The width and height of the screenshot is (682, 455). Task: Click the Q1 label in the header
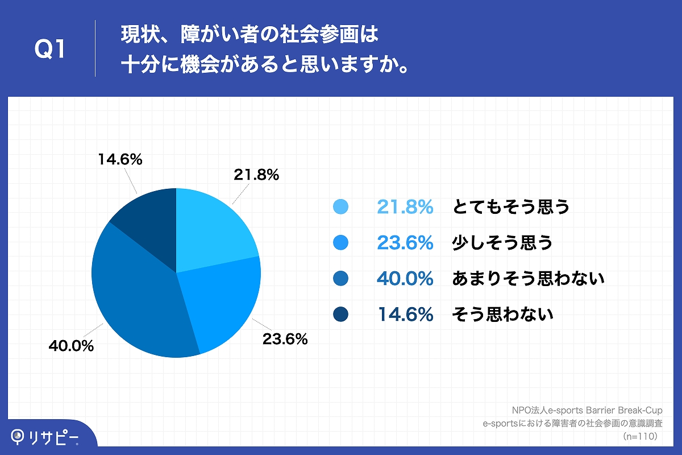click(x=51, y=49)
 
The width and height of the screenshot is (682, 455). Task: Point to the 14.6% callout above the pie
click(x=119, y=160)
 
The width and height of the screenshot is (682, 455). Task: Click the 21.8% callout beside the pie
click(x=256, y=175)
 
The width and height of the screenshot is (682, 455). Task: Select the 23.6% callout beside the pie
click(x=285, y=340)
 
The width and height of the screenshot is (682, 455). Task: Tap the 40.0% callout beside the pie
click(x=71, y=345)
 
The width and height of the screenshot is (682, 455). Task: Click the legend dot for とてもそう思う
click(x=340, y=208)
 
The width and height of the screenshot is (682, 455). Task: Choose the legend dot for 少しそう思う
click(x=340, y=243)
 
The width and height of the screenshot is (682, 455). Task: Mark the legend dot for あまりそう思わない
click(x=340, y=279)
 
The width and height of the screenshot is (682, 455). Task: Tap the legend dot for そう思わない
click(x=340, y=314)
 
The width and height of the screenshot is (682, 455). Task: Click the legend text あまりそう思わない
click(x=527, y=279)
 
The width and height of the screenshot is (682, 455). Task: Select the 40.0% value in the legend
click(x=405, y=279)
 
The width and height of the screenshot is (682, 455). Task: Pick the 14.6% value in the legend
click(x=405, y=314)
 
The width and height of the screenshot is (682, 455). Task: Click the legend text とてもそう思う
click(x=510, y=208)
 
